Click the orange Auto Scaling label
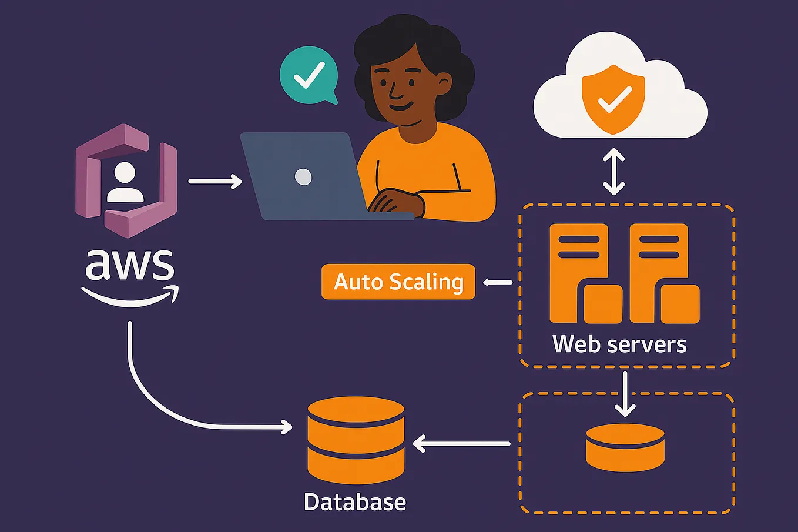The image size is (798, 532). pos(398,282)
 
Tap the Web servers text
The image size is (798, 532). pos(619,344)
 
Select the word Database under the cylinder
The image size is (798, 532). pos(355,502)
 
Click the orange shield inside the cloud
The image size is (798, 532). pos(613,99)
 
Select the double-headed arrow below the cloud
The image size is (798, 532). pos(614,172)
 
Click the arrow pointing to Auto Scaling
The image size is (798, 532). pos(497,283)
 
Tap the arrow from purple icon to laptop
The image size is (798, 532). pos(214,182)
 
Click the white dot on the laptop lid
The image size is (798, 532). pos(303,176)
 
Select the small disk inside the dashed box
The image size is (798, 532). pos(625,447)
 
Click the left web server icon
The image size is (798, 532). pos(585,273)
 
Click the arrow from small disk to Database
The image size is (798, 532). pos(461,443)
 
